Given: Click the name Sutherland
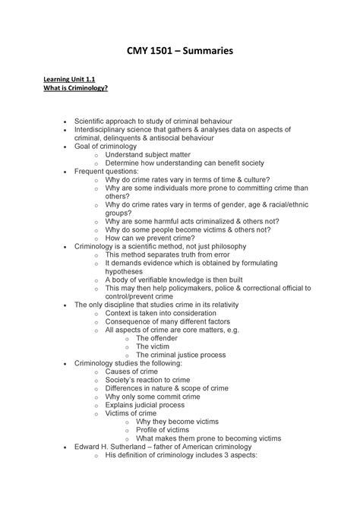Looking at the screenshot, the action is tap(134, 447).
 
